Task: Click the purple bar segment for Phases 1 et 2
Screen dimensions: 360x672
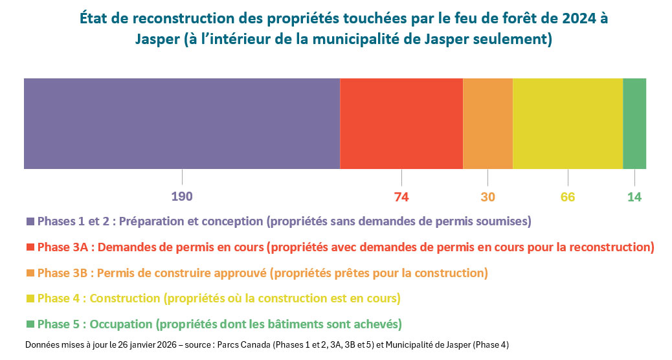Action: tap(182, 124)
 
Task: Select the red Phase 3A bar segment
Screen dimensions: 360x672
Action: tap(401, 124)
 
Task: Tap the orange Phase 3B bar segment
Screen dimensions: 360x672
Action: tap(487, 124)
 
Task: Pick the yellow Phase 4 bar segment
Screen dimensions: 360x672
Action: tap(568, 124)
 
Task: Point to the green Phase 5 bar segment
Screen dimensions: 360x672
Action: tap(634, 124)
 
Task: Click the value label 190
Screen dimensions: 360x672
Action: tap(182, 197)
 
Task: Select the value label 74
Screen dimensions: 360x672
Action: tap(401, 197)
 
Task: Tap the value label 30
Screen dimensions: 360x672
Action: tap(487, 197)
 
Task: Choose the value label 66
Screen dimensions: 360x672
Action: tap(568, 197)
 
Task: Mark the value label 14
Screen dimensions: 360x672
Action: tap(634, 197)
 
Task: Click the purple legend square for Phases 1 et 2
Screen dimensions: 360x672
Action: tap(30, 221)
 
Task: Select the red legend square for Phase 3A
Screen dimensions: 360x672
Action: tap(30, 247)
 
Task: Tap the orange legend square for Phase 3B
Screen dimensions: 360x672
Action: tap(30, 273)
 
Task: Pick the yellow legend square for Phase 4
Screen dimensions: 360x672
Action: tap(30, 298)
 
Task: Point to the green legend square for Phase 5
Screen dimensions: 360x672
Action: tap(30, 324)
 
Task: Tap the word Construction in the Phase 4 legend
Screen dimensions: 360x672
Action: tap(127, 298)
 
